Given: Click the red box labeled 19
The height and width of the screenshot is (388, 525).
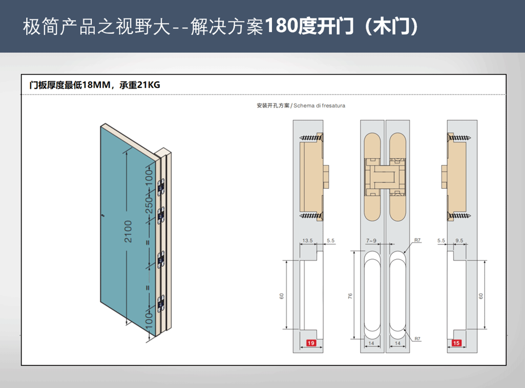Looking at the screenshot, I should [311, 343].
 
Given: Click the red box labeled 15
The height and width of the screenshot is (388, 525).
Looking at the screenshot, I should [456, 343].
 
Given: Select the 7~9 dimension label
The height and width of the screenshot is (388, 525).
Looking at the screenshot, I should [371, 240].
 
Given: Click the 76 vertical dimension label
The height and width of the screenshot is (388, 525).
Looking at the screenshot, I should [350, 295].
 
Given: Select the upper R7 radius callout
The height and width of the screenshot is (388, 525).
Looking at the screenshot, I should [417, 240].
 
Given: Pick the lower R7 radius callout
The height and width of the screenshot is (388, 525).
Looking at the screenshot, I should [417, 339].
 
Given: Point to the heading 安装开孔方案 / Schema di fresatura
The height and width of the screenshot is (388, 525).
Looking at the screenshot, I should [301, 106].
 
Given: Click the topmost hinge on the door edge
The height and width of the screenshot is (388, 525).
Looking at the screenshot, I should [161, 185].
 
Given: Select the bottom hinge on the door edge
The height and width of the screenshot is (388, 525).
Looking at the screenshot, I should [161, 303].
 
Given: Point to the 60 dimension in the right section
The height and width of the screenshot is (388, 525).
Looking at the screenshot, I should [479, 295].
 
